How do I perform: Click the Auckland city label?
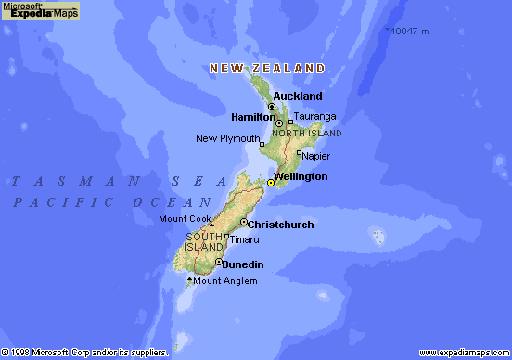pos(298,96)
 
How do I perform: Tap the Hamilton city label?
pos(252,117)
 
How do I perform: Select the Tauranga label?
pos(314,117)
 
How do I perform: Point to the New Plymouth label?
pos(227,139)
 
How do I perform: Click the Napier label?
pos(316,156)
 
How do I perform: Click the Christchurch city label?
pos(282,225)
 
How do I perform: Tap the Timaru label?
pos(245,239)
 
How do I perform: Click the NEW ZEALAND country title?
pos(267,69)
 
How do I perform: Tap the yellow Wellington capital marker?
pos(271,183)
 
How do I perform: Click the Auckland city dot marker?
pos(271,107)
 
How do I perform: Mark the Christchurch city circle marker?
pos(243,223)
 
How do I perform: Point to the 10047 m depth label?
pos(409,32)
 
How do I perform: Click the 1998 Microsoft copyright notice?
pos(83,354)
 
